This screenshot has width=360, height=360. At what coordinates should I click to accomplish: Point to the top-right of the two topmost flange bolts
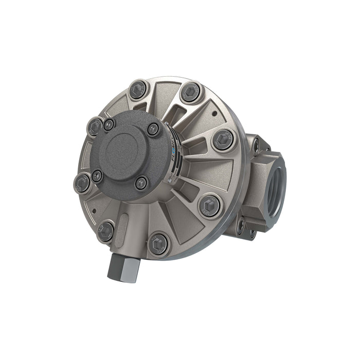[191, 91]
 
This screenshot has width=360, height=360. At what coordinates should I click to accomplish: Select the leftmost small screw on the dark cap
[97, 176]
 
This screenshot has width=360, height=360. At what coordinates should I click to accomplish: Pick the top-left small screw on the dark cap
[109, 124]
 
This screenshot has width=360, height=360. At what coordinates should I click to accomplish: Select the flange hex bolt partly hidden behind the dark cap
[95, 125]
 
